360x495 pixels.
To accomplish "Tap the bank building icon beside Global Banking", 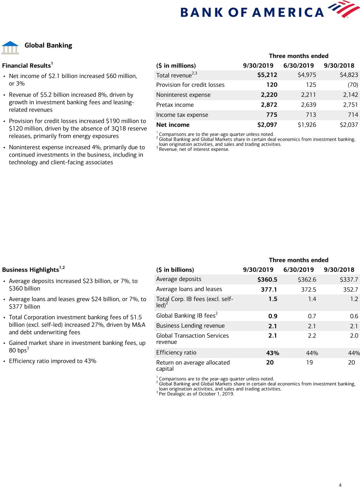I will [10, 48].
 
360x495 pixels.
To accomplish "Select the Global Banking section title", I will [48, 45].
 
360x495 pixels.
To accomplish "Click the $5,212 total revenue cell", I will [267, 75].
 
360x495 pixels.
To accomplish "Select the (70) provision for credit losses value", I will [353, 85].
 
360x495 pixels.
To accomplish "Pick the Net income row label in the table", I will [173, 125].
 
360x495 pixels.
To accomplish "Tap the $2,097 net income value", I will [267, 125].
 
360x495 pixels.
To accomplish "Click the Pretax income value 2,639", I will [308, 105].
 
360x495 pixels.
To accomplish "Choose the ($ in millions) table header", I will [176, 66].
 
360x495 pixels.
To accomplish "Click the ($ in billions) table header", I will [175, 270].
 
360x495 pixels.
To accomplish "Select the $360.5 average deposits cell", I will [267, 280].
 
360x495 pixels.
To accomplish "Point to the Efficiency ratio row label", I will [176, 352].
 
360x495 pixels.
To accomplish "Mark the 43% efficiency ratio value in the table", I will [273, 353].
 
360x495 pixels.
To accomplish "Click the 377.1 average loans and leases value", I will [269, 289].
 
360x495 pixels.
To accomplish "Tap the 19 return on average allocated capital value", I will [309, 363].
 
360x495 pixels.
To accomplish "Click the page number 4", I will [340, 485].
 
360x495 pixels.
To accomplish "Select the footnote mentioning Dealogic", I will [196, 394].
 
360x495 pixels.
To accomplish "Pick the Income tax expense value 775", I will [272, 115].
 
